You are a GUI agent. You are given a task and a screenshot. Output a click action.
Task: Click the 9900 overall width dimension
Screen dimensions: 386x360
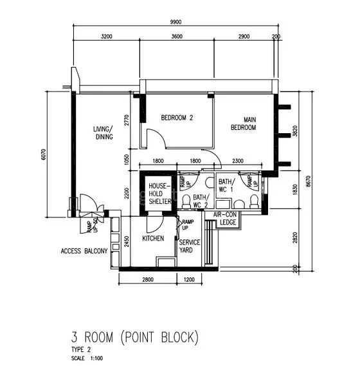(175, 22)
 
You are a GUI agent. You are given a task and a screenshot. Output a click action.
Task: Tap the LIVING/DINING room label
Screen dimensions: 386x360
(103, 133)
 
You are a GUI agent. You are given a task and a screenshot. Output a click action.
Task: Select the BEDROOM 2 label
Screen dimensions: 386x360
(177, 118)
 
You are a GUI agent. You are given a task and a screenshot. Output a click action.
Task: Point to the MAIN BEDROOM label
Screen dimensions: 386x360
(244, 124)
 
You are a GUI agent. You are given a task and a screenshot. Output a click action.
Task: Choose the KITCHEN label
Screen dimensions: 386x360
(153, 238)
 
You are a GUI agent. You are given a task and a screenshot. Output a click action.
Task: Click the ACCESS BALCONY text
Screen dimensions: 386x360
(84, 251)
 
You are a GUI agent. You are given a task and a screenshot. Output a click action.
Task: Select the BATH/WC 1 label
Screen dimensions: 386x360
(226, 185)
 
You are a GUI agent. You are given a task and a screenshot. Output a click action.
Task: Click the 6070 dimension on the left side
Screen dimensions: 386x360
(44, 154)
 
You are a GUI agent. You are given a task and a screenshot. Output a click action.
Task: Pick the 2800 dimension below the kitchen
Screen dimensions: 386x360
(147, 280)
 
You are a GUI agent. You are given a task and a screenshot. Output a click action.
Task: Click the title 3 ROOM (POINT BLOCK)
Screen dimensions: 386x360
(135, 337)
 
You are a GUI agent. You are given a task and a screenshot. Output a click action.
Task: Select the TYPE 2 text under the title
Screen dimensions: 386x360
(82, 349)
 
